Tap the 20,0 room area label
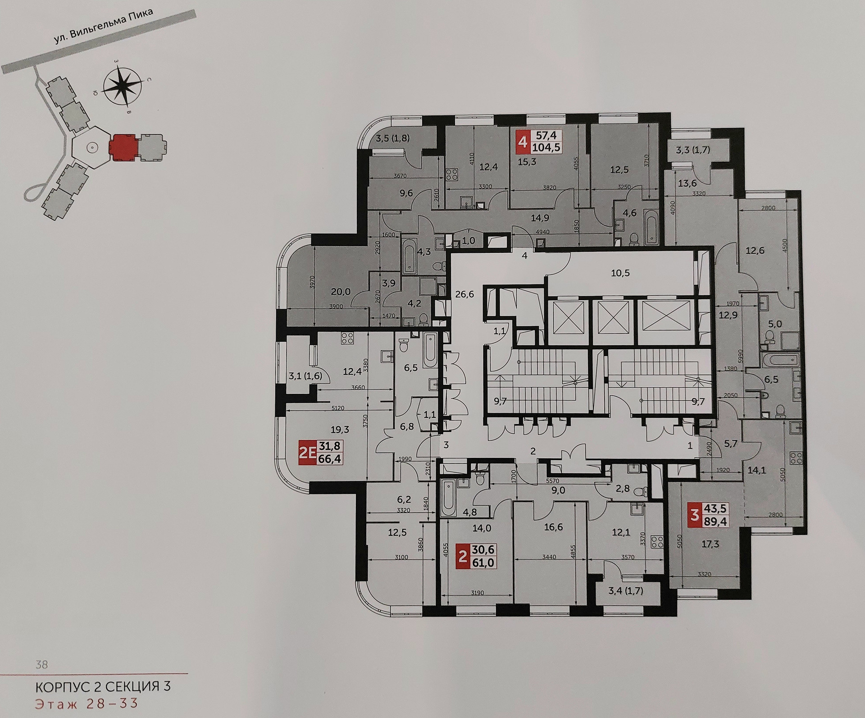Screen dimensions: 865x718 tap(341, 292)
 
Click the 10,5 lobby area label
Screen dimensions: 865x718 tap(620, 273)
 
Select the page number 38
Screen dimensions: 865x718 tap(41, 664)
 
